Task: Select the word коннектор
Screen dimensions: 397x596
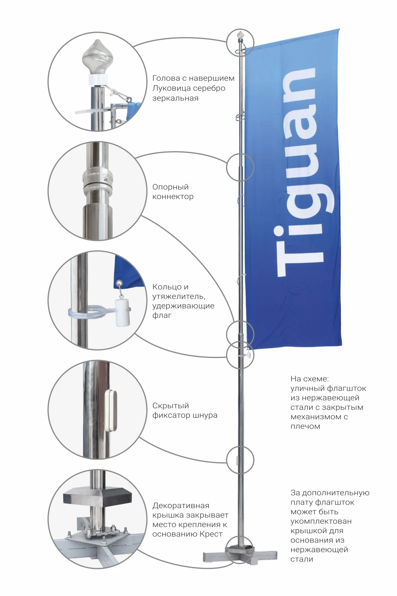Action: pyautogui.click(x=173, y=197)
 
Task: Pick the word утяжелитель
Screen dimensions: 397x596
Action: pyautogui.click(x=178, y=297)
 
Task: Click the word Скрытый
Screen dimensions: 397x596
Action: pyautogui.click(x=171, y=406)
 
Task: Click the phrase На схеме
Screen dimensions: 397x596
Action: pyautogui.click(x=309, y=379)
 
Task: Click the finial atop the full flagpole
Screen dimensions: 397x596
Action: pyautogui.click(x=240, y=34)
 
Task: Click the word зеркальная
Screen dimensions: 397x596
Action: pyautogui.click(x=175, y=99)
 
